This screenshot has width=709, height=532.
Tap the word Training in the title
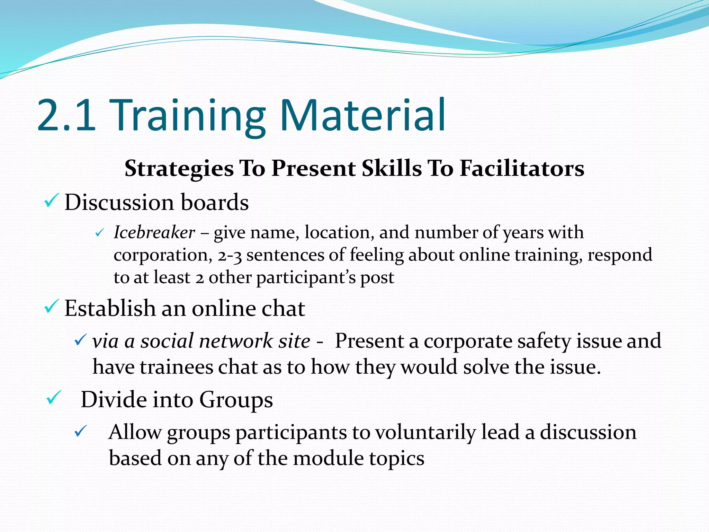(x=189, y=116)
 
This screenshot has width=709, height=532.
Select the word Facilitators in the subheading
(x=522, y=169)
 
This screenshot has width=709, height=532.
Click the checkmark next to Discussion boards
(x=52, y=201)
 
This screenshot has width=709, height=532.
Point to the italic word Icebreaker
(x=154, y=232)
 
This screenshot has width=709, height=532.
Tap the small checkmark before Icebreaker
(x=99, y=233)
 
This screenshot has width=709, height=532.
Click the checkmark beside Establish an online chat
(x=52, y=307)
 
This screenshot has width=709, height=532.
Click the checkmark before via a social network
(x=80, y=340)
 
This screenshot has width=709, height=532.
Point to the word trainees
(x=177, y=367)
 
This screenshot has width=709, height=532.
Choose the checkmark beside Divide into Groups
(x=54, y=398)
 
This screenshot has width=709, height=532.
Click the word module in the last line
(x=327, y=459)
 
